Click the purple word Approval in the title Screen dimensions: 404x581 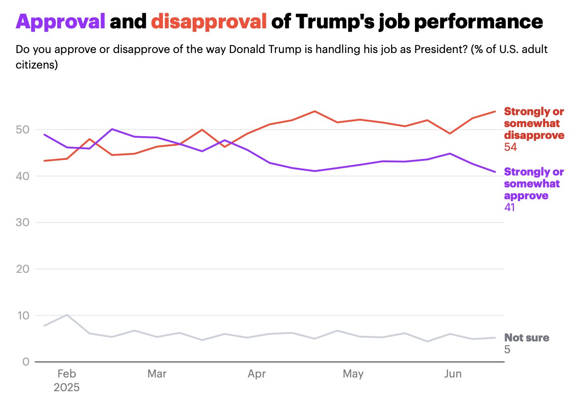pos(60,21)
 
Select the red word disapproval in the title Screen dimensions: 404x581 pos(209,21)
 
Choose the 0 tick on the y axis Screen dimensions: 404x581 pos(26,362)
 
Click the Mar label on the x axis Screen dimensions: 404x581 pos(157,374)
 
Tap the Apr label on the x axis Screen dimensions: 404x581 pos(257,374)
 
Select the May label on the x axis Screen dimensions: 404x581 pos(353,374)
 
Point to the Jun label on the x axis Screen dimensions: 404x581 pos(453,374)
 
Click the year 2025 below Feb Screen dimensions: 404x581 pos(66,388)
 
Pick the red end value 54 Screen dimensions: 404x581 pos(511,147)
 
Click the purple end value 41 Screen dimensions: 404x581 pos(510,207)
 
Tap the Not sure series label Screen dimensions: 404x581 pos(527,338)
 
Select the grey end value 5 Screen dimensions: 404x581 pos(507,350)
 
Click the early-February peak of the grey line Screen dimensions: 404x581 pos(67,315)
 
